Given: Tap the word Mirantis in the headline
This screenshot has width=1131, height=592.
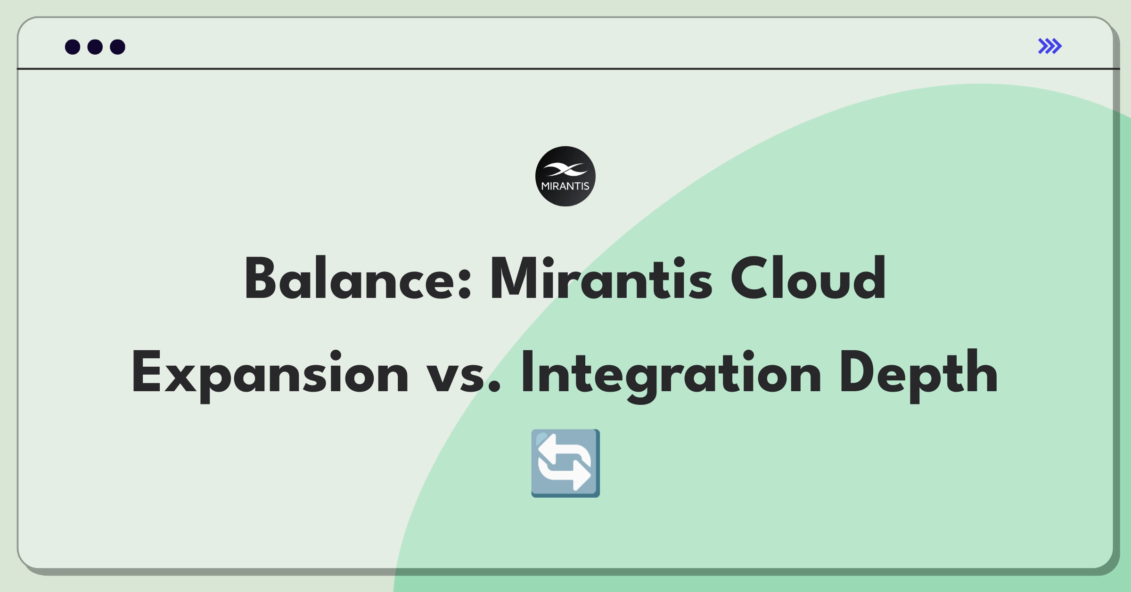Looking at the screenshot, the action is coord(601,278).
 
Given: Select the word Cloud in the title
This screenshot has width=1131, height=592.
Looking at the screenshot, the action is coord(809,278).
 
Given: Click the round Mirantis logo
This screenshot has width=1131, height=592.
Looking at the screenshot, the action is coord(565,176).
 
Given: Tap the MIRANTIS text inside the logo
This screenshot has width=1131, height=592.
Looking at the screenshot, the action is coord(565,186).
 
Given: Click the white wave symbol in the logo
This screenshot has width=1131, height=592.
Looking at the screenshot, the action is coord(565,169).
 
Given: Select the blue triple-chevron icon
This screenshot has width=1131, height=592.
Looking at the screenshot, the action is coord(1050,46).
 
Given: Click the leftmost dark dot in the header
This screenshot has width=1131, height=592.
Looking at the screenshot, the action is coord(73,47).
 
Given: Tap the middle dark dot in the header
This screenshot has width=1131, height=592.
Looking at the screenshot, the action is coord(95,47).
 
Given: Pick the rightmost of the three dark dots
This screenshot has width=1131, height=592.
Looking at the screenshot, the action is coord(117,47).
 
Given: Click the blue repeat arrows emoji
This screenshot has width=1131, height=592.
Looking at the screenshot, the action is coord(565,463).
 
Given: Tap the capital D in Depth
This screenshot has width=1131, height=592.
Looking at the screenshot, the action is coord(859,372).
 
